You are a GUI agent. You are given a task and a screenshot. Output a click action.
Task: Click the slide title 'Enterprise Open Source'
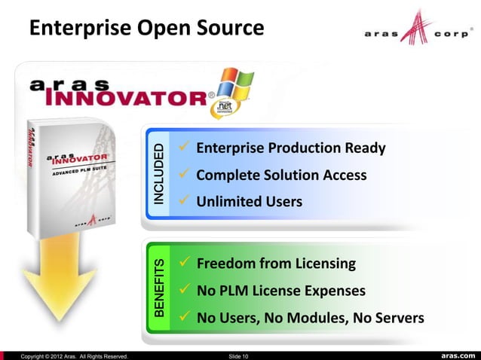click(146, 29)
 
